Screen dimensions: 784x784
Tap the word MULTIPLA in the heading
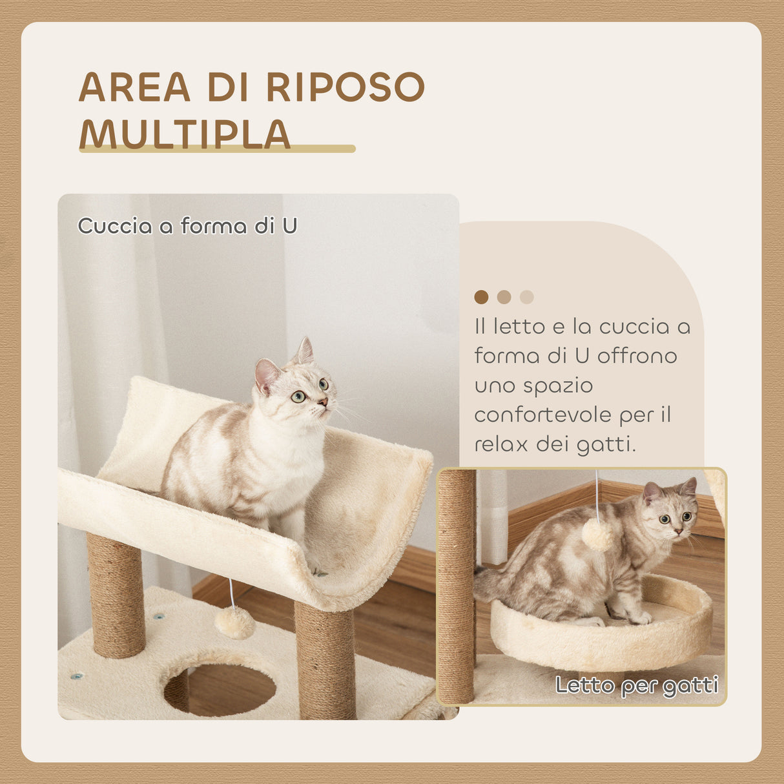coord(185,134)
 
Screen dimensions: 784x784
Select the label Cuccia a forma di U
coord(187,226)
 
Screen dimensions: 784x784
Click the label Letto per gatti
coord(637,685)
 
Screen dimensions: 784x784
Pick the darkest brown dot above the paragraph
coord(481,297)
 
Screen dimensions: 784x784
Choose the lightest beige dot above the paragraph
coord(527,297)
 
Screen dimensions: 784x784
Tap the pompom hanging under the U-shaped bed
coord(234,623)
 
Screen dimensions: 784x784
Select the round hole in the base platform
coord(220,688)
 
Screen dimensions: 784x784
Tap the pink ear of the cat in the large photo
coord(267,375)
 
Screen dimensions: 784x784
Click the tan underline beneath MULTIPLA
coord(217,149)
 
